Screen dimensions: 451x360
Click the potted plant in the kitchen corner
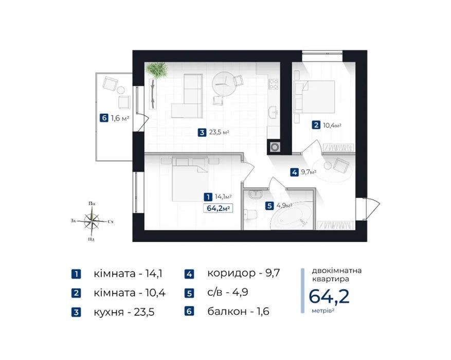[157, 70]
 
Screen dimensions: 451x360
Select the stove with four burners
[273, 84]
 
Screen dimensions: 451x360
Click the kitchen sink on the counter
[273, 112]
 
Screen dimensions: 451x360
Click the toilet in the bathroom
[250, 215]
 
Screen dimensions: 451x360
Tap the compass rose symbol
[92, 221]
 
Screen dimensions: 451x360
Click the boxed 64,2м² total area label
[218, 208]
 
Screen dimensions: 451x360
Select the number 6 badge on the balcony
[104, 118]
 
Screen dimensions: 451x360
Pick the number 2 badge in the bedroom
[316, 125]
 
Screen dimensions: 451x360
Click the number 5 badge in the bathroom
[269, 206]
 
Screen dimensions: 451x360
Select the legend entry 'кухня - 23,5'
[124, 312]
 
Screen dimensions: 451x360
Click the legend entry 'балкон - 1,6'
[238, 311]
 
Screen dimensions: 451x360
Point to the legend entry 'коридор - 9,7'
[243, 273]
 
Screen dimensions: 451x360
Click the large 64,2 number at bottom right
[329, 296]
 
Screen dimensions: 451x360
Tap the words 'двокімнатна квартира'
[336, 275]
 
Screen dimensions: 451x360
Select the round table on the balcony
[121, 90]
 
